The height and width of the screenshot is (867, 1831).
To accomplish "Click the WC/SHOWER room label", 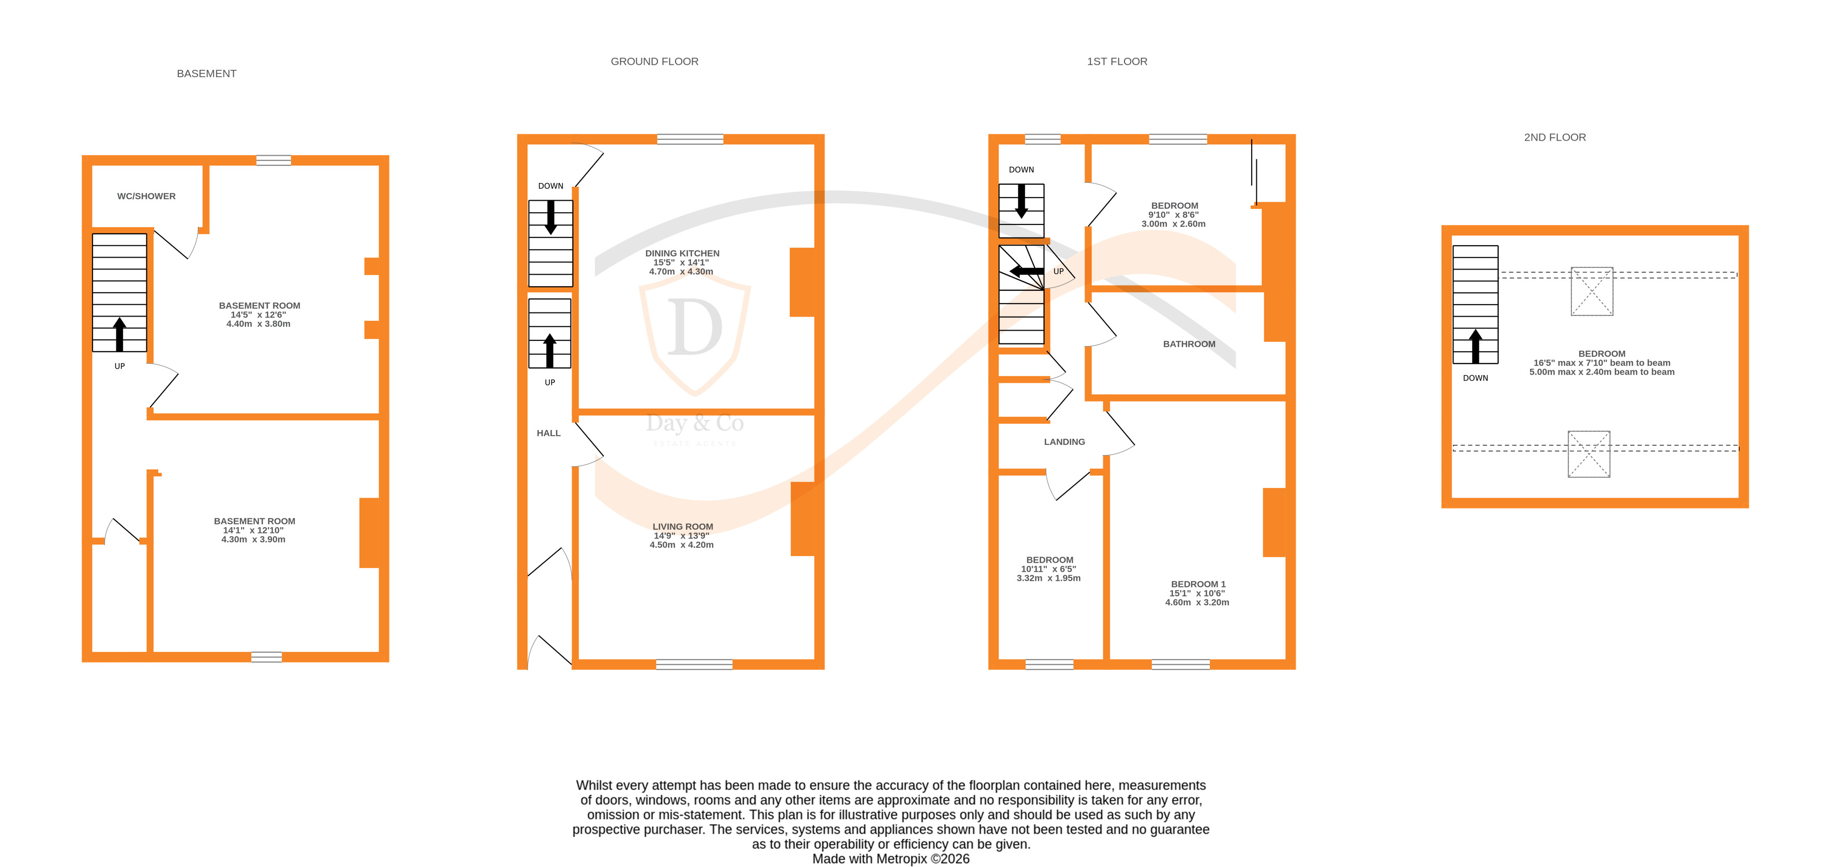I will [146, 196].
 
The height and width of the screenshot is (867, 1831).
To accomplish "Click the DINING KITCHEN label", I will [682, 253].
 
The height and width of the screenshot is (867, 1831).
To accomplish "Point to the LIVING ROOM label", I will [682, 527].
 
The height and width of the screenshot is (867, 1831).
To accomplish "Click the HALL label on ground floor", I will [548, 433].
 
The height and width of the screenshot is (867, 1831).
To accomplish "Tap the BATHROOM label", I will [1189, 344].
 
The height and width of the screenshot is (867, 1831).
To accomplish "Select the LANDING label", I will [1063, 442].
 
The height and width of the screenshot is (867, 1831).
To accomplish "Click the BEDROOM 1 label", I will [1198, 584].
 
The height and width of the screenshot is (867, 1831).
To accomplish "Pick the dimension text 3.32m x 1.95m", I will [1048, 578].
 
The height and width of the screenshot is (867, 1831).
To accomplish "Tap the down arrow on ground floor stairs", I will [550, 217].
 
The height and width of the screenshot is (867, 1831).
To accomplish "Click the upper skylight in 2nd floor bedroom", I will [1591, 291].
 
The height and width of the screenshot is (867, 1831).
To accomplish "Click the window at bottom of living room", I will [694, 664].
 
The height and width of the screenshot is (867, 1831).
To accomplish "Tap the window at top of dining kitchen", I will [689, 139].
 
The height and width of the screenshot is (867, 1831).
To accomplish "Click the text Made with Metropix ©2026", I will [890, 859].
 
